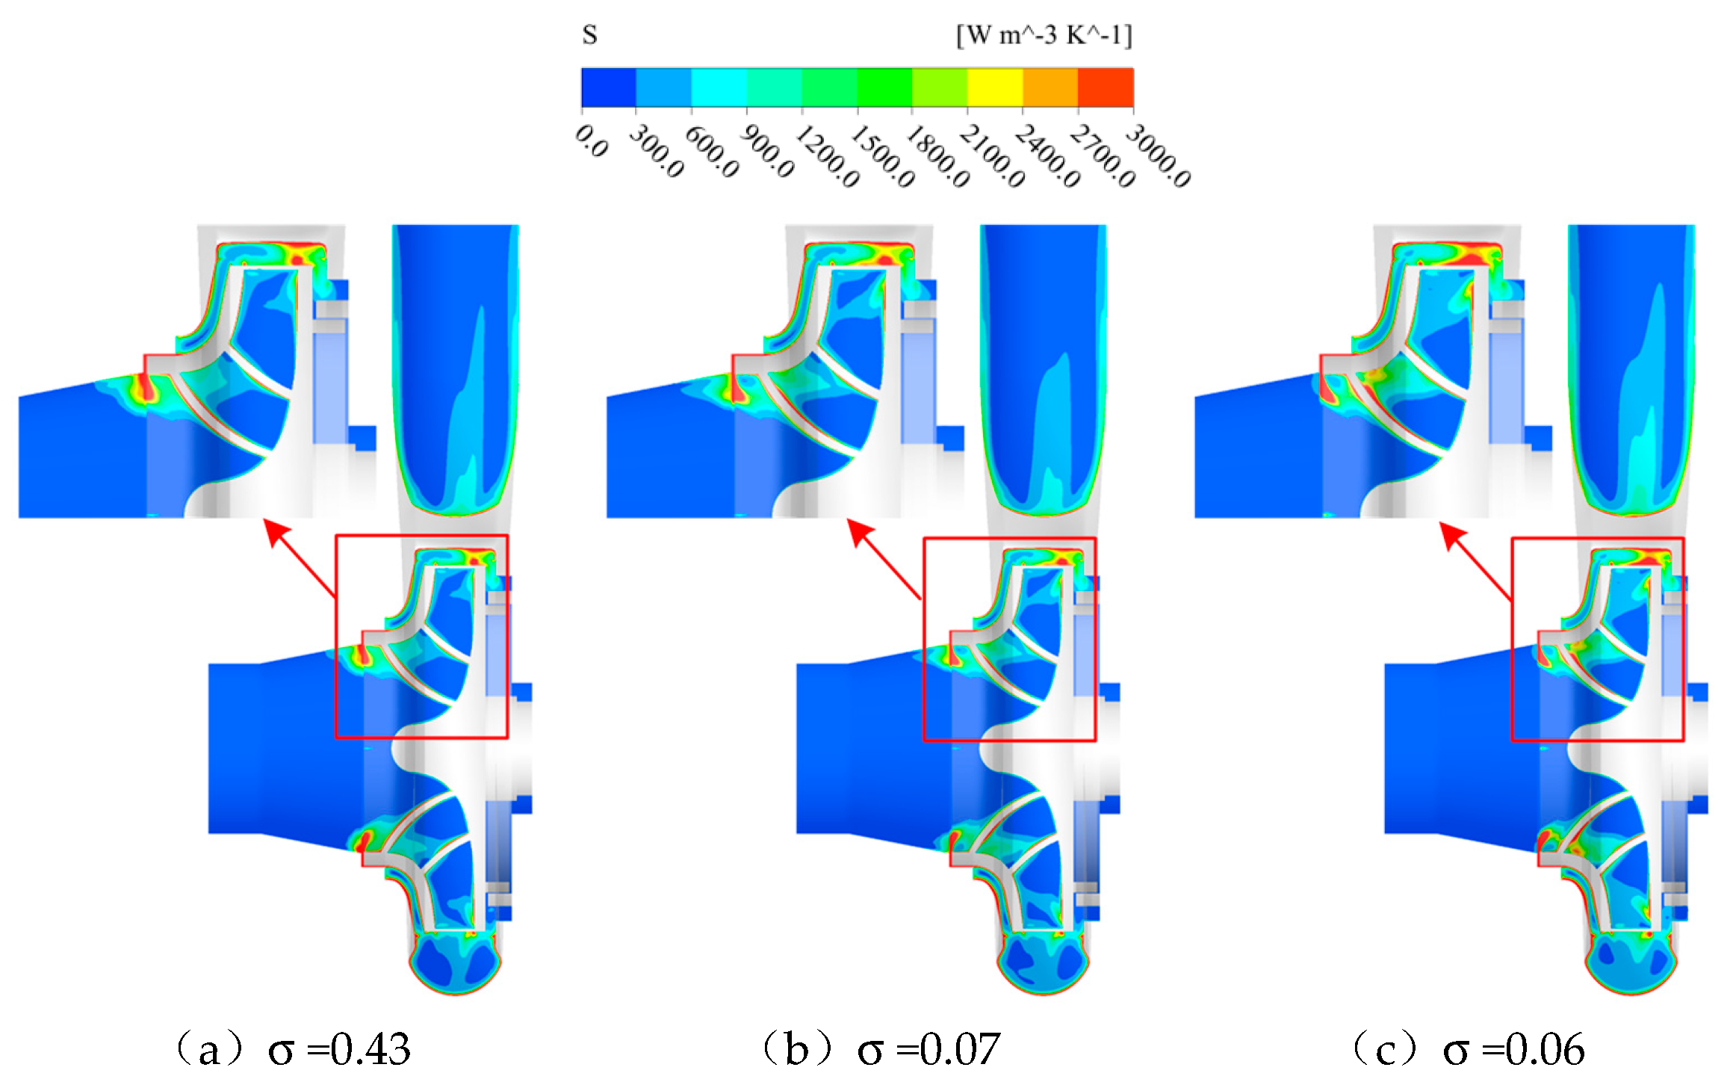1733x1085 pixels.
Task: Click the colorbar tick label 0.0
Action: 592,141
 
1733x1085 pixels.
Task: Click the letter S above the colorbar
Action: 589,35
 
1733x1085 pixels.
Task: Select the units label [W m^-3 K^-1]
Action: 1044,35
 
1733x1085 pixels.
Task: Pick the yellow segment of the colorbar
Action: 995,87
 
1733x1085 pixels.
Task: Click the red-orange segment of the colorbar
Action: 1106,87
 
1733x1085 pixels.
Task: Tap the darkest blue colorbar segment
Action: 609,87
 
